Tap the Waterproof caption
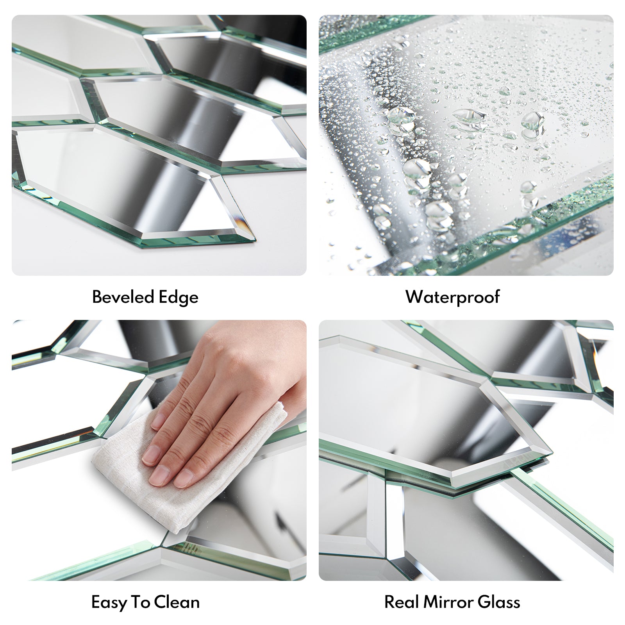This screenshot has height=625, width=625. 453,297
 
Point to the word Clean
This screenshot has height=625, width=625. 177,602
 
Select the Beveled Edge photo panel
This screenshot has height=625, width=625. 159,145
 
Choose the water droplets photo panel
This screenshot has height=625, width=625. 466,145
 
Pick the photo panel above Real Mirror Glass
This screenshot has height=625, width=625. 466,450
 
